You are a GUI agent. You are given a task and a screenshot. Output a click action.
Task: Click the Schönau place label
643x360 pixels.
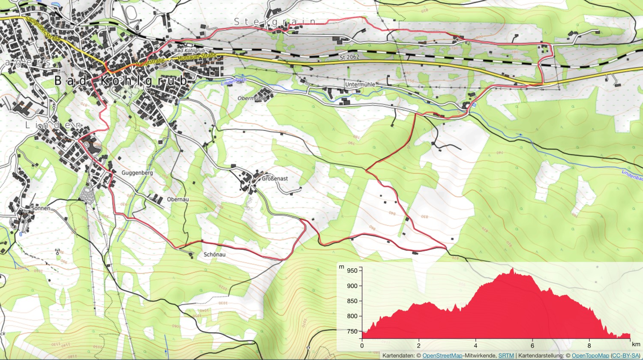(x=214, y=255)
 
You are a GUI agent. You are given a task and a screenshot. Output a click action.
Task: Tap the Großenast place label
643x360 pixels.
(x=275, y=178)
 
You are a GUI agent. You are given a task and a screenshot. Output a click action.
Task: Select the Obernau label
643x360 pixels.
(x=178, y=199)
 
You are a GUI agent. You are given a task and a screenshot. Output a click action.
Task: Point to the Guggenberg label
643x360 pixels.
(x=137, y=173)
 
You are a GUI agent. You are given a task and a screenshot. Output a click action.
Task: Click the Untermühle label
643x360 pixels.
(x=360, y=85)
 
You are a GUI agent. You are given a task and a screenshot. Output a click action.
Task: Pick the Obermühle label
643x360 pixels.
(x=252, y=98)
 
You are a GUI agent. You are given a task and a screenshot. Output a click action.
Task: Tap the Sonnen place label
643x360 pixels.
(x=41, y=208)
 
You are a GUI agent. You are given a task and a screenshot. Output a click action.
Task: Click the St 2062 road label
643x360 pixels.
(x=349, y=57)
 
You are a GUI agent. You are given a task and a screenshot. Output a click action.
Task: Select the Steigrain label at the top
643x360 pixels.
(x=275, y=21)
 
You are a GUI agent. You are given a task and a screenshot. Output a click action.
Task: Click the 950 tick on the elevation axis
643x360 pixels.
(x=352, y=270)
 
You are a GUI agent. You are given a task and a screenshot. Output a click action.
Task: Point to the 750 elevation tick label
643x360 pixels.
(x=352, y=331)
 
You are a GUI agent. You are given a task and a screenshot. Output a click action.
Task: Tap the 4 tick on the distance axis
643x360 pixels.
(x=475, y=345)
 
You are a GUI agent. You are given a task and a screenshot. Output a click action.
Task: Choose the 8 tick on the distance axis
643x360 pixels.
(x=589, y=345)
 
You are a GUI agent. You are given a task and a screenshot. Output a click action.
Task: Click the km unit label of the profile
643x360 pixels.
(x=635, y=344)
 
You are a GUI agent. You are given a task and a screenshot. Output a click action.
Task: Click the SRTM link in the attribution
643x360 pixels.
(x=506, y=356)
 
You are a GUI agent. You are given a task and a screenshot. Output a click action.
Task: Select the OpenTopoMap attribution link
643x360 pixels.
(x=590, y=356)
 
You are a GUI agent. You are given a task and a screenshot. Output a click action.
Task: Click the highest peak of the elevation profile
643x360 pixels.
(x=512, y=269)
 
